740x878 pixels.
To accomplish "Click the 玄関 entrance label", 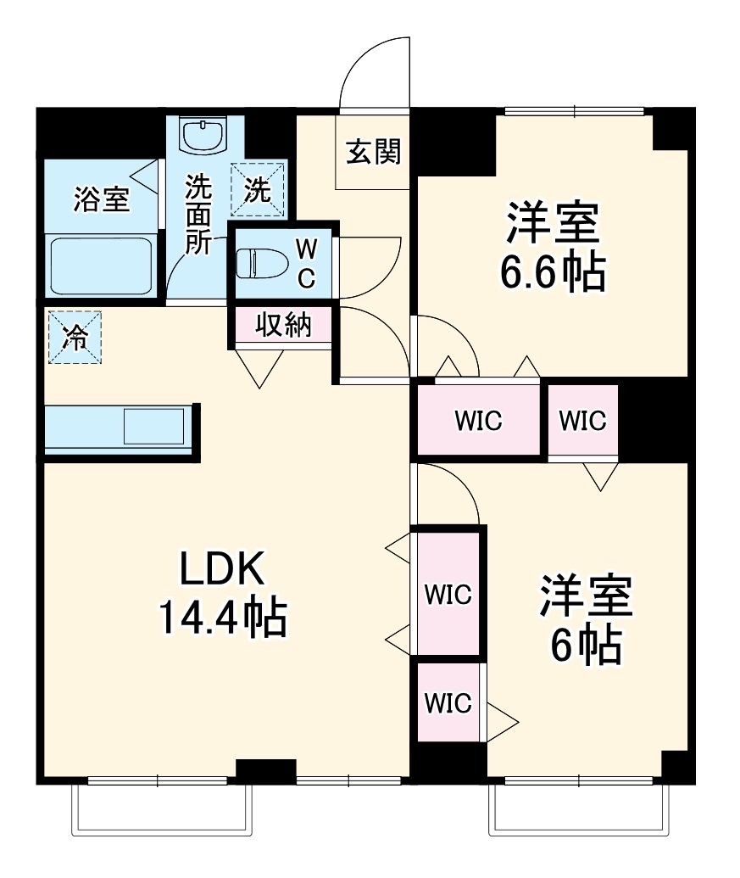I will pos(373,153).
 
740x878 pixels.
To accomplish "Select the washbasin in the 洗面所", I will pos(204,135).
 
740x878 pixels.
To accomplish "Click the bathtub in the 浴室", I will pos(100,266).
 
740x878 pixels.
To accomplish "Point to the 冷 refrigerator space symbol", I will pos(75,338).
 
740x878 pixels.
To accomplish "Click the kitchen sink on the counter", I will pos(153,426).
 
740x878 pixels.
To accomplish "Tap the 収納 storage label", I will pos(283,325).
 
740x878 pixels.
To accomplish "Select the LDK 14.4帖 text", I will pos(222,594).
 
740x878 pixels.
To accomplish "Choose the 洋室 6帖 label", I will pos(586,621).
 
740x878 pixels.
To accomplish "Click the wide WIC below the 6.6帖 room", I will pos(478,420).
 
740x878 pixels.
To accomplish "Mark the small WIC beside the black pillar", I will pos(583,420).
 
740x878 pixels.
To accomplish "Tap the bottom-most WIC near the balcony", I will pos(448,702).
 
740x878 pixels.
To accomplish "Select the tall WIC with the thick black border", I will pos(448,594).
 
